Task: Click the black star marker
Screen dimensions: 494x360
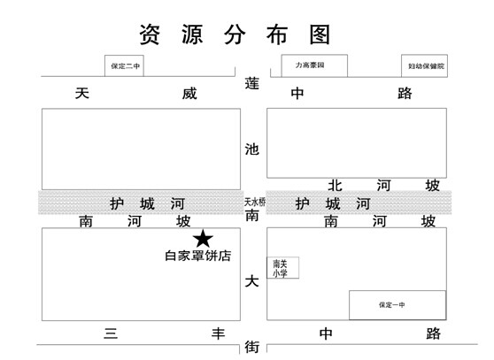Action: click(203, 239)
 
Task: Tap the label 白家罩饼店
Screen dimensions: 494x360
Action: click(197, 256)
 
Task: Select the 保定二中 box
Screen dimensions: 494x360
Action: click(124, 65)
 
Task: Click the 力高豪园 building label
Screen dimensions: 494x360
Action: click(310, 65)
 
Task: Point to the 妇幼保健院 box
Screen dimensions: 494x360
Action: click(424, 65)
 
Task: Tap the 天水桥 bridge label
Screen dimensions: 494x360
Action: click(255, 202)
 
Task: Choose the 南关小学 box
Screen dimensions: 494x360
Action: click(283, 268)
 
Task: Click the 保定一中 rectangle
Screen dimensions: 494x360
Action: click(398, 305)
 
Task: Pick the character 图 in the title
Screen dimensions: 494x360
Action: click(320, 34)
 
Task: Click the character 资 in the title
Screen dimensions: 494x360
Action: click(150, 34)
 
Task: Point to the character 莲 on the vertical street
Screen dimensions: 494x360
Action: click(252, 84)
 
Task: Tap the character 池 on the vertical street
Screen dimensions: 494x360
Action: click(252, 149)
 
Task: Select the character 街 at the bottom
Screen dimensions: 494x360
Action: click(252, 347)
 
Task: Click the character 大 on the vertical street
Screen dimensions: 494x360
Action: click(252, 281)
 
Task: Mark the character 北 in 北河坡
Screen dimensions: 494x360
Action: click(335, 186)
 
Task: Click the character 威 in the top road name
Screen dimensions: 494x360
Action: click(189, 94)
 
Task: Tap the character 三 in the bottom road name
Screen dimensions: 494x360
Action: click(111, 333)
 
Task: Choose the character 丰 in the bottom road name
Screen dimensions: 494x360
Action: click(218, 333)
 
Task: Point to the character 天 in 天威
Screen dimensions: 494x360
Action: click(82, 94)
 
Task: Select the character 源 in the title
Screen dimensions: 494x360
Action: click(192, 34)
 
